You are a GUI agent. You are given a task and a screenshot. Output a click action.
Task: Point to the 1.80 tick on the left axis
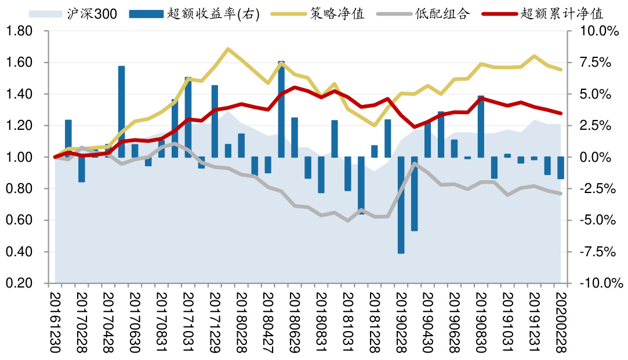(x=20, y=31)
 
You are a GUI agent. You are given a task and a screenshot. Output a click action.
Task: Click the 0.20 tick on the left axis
(x=20, y=283)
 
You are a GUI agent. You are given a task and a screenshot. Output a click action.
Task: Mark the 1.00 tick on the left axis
(x=20, y=157)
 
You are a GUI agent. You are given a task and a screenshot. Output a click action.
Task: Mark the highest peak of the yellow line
(x=228, y=49)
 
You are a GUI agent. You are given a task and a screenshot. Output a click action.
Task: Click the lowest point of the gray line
(x=348, y=220)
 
